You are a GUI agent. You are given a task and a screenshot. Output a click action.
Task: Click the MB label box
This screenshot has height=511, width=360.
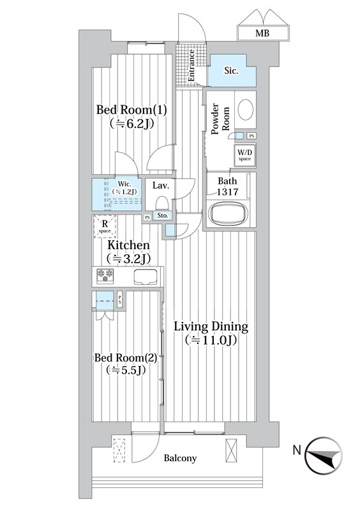pos(262,32)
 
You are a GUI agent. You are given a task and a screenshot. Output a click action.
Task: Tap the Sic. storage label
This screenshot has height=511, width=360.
pos(230,72)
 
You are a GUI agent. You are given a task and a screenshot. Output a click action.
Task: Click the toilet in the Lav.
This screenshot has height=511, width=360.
pos(162,203)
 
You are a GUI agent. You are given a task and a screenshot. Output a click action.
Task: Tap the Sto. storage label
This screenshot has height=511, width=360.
pos(163,217)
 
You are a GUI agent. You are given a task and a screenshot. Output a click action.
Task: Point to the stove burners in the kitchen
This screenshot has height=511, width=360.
pos(105,277)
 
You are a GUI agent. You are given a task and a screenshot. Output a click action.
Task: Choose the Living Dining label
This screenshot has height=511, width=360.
pos(211,333)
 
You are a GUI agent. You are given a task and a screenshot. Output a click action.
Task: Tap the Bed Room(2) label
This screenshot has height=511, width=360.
pos(126,363)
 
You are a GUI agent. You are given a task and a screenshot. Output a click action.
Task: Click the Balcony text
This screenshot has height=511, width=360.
pos(179,458)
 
